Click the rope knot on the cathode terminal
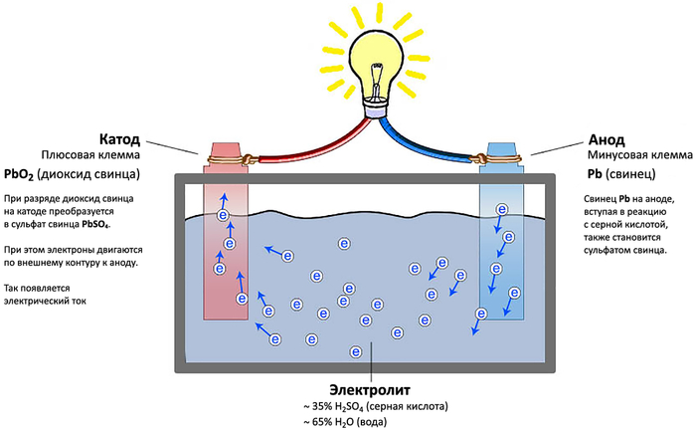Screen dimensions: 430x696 (221, 157)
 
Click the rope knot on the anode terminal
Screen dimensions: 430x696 (482, 158)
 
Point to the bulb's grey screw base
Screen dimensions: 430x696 (378, 107)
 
